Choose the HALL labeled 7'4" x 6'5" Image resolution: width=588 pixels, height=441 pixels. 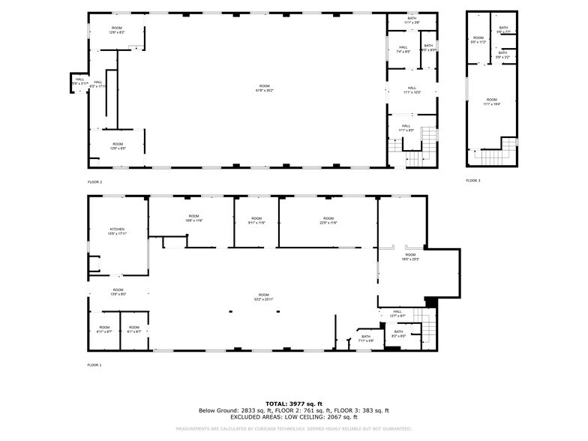coord(403,50)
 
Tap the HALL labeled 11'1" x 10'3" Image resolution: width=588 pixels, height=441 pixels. coord(412,89)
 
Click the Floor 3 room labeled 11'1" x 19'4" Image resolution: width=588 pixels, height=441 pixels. coord(491,101)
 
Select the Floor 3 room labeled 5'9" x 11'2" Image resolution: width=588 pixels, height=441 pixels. coord(478,40)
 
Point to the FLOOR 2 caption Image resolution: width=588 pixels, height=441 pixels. coord(95,181)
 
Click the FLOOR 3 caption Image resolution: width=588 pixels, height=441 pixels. coord(472,181)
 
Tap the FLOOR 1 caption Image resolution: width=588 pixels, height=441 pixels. coord(95,364)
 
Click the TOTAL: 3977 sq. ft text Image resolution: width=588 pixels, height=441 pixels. coord(293,403)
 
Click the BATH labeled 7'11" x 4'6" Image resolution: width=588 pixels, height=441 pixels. coord(366,338)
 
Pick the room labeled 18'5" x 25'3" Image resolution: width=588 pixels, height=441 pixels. coord(411,256)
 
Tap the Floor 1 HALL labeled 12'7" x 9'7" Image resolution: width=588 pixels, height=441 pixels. coord(397,313)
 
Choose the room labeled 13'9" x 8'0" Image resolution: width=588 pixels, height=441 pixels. coord(118,291)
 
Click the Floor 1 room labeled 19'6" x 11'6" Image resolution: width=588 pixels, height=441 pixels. coord(194,220)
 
